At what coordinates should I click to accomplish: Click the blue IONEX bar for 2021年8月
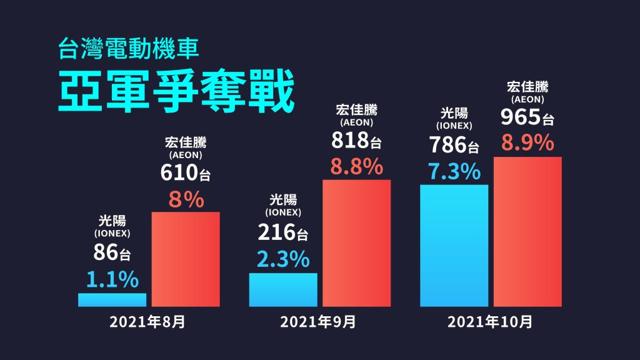(x=112, y=299)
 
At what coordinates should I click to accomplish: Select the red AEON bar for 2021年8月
(x=186, y=259)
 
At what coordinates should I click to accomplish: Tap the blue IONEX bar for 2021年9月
(x=283, y=289)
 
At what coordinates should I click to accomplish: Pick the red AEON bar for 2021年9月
(x=356, y=243)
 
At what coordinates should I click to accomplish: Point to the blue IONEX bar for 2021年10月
(x=454, y=246)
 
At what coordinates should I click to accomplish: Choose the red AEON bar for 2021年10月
(x=527, y=231)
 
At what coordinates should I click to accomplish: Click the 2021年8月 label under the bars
(x=147, y=322)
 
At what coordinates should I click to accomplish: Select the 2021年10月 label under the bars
(x=490, y=322)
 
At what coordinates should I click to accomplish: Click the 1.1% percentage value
(x=112, y=279)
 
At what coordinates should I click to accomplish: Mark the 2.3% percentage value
(x=283, y=259)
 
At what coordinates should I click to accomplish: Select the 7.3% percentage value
(x=454, y=171)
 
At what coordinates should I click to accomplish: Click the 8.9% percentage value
(x=527, y=143)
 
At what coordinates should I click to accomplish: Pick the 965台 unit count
(x=527, y=117)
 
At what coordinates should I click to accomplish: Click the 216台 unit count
(x=283, y=232)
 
